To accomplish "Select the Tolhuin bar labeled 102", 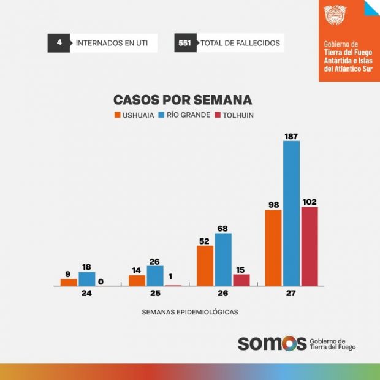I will click(x=310, y=246).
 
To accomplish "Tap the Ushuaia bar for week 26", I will click(x=205, y=265).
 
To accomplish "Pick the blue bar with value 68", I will click(x=223, y=259).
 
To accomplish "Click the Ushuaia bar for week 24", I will click(x=69, y=283).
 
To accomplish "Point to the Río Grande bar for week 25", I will click(x=155, y=276).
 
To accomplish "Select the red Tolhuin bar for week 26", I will click(x=241, y=279).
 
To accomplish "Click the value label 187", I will click(x=291, y=135).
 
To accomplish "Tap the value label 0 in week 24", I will click(x=100, y=282).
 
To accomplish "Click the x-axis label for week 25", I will click(x=154, y=294).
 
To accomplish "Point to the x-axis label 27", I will click(x=291, y=294).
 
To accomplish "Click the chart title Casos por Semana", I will click(x=183, y=100).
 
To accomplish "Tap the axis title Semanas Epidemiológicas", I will click(x=189, y=312).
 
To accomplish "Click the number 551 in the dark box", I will click(x=184, y=43).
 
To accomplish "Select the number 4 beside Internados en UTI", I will click(x=58, y=43).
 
